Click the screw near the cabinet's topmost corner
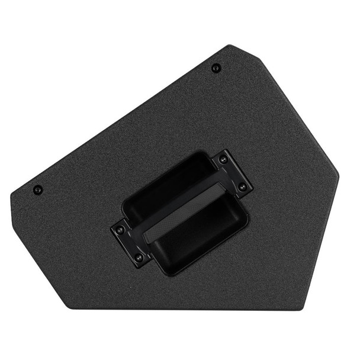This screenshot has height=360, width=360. click(x=215, y=68)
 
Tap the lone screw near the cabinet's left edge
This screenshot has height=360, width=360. click(x=38, y=190)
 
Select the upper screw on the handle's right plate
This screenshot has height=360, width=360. click(x=223, y=160)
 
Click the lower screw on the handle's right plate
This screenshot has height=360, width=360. click(x=242, y=187)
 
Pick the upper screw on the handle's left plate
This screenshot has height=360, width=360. click(x=120, y=229)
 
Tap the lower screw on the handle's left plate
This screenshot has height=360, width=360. click(x=139, y=258)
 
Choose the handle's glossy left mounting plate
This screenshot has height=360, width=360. click(x=129, y=243)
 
